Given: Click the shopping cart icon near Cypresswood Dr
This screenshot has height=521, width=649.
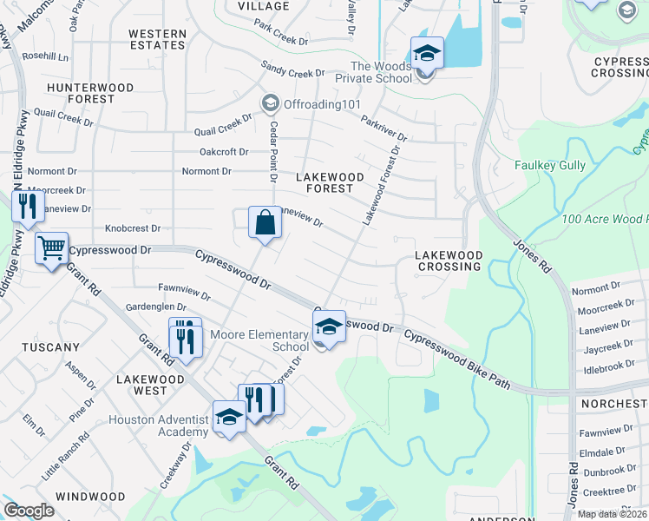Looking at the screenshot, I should pos(51,248).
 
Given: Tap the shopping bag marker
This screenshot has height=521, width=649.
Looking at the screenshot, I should pos(265,222).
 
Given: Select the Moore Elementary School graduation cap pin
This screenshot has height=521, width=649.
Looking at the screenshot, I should pos(329,327).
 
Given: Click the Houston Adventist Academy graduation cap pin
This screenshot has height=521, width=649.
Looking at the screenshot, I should pos(229,417).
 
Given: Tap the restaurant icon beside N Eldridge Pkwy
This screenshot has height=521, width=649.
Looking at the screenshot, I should pos(27,207).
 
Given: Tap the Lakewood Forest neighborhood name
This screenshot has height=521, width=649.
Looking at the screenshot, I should pos(325,182).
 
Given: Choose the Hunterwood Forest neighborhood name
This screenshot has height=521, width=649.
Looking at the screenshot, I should pos(90,93).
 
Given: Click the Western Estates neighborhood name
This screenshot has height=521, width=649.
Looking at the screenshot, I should pos(157,39).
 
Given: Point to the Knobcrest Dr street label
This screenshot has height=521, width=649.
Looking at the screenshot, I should pos(133,228).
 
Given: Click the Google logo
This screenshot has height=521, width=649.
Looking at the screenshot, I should pos(29,511).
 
